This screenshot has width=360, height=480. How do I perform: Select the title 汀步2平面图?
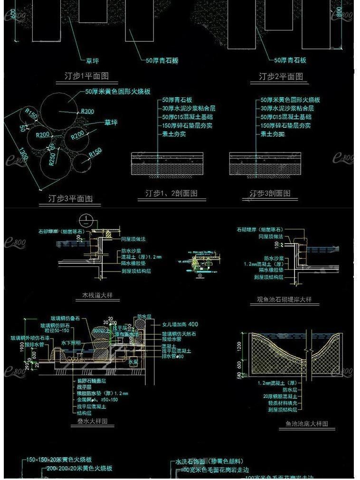(x=280, y=76)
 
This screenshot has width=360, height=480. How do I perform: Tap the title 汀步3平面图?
(x=70, y=198)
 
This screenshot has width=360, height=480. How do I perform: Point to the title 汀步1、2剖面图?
(x=171, y=193)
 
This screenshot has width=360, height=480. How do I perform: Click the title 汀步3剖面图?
(x=270, y=193)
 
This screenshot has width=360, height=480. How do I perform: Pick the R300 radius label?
(x=87, y=111)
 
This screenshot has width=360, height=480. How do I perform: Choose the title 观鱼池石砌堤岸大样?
(x=281, y=300)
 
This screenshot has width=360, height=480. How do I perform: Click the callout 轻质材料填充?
(x=284, y=403)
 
